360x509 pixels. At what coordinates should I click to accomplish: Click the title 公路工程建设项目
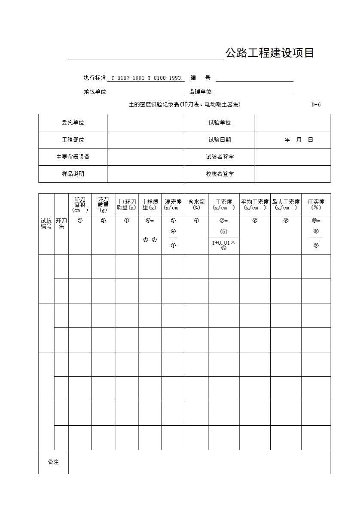pyautogui.click(x=269, y=53)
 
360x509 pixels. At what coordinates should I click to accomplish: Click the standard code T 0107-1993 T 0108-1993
pyautogui.click(x=146, y=78)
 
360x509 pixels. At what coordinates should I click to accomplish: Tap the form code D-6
pyautogui.click(x=316, y=105)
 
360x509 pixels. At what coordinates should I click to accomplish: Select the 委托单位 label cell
pyautogui.click(x=73, y=123)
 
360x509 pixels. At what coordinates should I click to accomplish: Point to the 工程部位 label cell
pyautogui.click(x=73, y=140)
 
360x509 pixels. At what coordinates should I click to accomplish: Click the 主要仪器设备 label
pyautogui.click(x=73, y=157)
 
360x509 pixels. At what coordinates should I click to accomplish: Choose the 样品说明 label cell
pyautogui.click(x=73, y=174)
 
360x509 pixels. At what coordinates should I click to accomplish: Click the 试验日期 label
pyautogui.click(x=220, y=140)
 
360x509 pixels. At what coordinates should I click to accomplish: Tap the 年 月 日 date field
pyautogui.click(x=299, y=140)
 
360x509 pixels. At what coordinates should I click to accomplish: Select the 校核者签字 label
pyautogui.click(x=220, y=174)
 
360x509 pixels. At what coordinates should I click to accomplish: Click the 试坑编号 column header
pyautogui.click(x=46, y=224)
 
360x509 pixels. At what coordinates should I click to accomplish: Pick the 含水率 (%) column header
pyautogui.click(x=196, y=205)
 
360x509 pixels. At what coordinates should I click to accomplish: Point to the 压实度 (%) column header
pyautogui.click(x=316, y=205)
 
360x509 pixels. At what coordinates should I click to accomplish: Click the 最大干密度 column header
pyautogui.click(x=286, y=205)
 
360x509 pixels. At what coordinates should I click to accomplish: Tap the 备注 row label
pyautogui.click(x=53, y=462)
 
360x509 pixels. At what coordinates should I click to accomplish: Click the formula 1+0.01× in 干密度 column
pyautogui.click(x=223, y=242)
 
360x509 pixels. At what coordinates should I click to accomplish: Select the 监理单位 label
pyautogui.click(x=200, y=92)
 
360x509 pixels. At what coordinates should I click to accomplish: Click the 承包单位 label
pyautogui.click(x=95, y=92)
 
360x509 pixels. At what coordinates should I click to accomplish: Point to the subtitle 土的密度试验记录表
pyautogui.click(x=185, y=105)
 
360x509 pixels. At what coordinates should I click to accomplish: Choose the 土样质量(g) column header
pyautogui.click(x=150, y=205)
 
